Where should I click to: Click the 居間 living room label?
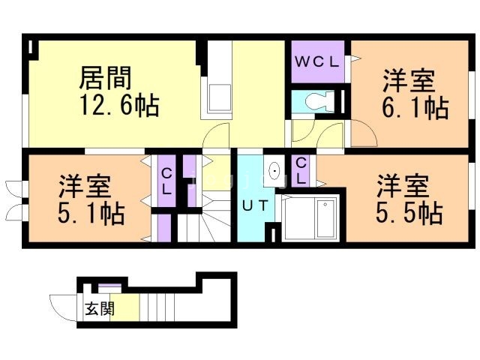(x=105, y=78)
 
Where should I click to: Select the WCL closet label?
(x=317, y=61)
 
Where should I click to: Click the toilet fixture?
(x=319, y=100)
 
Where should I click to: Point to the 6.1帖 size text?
(x=415, y=107)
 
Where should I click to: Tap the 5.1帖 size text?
(x=91, y=213)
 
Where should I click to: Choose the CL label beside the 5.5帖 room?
(x=300, y=172)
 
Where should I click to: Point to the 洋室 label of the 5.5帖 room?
(x=403, y=184)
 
